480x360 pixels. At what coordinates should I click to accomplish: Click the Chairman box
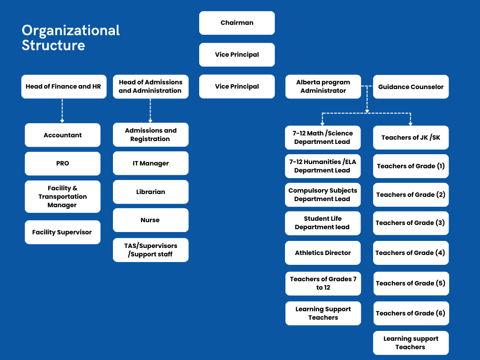[x=237, y=23]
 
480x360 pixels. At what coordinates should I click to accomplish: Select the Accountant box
[x=62, y=135]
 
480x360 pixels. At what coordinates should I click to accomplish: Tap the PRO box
[x=62, y=164]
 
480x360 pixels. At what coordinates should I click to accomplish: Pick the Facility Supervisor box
[x=62, y=232]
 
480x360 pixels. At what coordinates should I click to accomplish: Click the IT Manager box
[x=150, y=163]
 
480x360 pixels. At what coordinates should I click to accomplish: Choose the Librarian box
[x=150, y=192]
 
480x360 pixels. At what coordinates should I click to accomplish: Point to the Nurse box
[x=150, y=220]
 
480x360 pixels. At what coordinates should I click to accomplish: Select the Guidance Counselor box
[x=411, y=87]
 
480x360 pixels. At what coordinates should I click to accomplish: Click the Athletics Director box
[x=323, y=253]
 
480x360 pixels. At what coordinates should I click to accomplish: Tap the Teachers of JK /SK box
[x=411, y=137]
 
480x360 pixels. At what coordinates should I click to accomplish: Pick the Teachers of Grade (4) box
[x=411, y=253]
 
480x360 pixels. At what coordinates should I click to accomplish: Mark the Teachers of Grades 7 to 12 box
[x=323, y=283]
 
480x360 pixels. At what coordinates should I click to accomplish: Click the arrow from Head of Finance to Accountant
[x=62, y=111]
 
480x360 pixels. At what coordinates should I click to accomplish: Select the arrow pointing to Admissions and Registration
[x=150, y=111]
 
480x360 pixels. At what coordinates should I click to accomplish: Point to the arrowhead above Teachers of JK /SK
[x=411, y=123]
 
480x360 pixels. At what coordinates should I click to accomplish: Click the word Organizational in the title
[x=71, y=30]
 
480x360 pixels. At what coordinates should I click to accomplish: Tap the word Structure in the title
[x=53, y=45]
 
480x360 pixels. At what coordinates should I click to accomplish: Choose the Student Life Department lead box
[x=323, y=223]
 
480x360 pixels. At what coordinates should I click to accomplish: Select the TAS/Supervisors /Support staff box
[x=150, y=250]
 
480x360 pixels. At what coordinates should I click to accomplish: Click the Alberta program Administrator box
[x=323, y=87]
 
